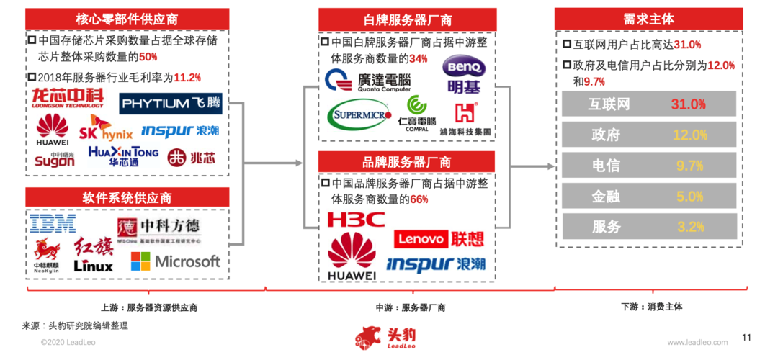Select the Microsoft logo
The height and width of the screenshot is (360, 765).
176,261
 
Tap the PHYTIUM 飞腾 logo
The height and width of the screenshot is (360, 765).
170,104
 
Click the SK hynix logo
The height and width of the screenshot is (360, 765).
105,130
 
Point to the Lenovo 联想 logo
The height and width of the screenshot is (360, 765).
439,238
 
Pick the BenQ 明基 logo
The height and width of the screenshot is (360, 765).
465,76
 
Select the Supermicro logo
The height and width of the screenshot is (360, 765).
359,115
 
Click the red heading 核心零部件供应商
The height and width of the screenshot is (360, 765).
127,19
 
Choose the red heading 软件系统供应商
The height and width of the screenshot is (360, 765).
127,197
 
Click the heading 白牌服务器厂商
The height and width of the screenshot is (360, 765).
407,19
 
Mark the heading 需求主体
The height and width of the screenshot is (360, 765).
648,19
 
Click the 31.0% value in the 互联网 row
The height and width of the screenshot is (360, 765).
688,104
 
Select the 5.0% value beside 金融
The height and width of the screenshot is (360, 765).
689,196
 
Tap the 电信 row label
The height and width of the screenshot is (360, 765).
605,166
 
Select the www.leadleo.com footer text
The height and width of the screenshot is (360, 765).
695,343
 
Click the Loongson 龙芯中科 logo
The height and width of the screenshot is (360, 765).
68,98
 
